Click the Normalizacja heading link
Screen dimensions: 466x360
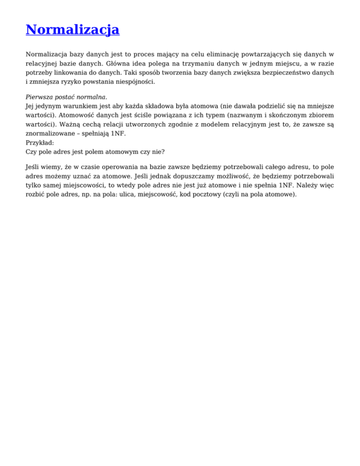(x=73, y=30)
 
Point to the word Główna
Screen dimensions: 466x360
(x=121, y=64)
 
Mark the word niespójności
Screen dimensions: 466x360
(x=133, y=83)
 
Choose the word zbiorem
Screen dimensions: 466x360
(x=321, y=116)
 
